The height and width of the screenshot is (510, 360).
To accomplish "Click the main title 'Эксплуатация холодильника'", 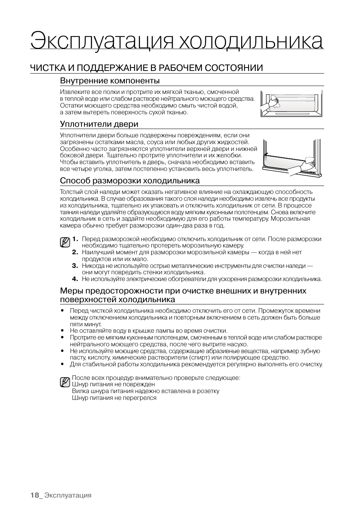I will (177, 41).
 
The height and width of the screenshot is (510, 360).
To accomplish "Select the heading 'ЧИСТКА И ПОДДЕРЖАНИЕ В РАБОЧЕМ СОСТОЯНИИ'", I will (146, 68).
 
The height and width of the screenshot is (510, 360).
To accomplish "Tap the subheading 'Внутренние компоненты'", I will (110, 81).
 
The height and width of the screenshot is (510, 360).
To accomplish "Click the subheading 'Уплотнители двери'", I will (99, 124).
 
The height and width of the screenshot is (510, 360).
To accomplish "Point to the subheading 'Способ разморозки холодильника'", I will (130, 181).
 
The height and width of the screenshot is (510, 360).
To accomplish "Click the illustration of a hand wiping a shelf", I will (291, 103).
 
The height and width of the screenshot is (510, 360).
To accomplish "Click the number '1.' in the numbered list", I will (75, 239).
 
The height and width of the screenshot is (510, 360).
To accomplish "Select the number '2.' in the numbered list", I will (75, 252).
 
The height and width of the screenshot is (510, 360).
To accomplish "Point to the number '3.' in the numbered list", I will (75, 266).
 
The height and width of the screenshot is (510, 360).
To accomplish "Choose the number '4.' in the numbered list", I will (75, 279).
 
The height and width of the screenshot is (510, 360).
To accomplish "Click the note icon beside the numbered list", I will (65, 242).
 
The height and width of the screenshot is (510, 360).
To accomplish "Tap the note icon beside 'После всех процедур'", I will (65, 382).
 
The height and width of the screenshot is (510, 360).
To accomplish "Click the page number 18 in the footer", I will (35, 495).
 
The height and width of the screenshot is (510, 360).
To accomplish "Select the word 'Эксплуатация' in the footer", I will (68, 495).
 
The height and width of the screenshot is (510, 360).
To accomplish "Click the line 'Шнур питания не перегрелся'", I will (114, 398).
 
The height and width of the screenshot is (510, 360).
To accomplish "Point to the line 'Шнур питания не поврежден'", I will (113, 384).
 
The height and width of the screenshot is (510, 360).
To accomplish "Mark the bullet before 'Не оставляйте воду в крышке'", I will (62, 331).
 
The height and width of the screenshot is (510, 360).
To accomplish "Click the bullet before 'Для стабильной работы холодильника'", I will (62, 364).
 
